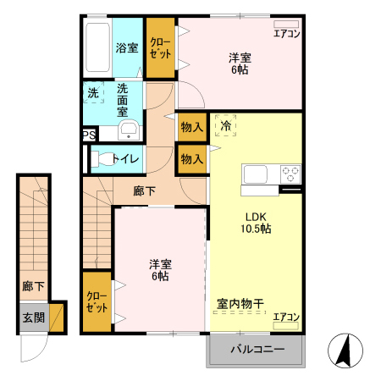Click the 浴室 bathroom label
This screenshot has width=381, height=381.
click(127, 48)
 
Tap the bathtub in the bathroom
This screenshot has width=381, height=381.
click(99, 48)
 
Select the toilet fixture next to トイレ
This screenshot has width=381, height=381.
click(102, 157)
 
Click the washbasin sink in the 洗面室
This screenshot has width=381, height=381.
click(129, 130)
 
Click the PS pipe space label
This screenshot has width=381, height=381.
click(89, 135)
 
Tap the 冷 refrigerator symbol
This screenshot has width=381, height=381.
click(225, 125)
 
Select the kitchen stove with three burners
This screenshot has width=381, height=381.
click(290, 174)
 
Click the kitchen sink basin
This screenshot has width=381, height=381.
click(257, 174)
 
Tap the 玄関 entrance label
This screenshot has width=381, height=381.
click(33, 318)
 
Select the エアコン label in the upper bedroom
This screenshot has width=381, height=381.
click(286, 35)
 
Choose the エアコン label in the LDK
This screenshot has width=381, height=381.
click(286, 317)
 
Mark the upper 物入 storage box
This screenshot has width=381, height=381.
click(192, 127)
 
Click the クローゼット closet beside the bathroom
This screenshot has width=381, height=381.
click(159, 47)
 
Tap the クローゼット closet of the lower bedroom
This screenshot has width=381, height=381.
click(97, 301)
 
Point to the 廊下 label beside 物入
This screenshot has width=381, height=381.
click(145, 190)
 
